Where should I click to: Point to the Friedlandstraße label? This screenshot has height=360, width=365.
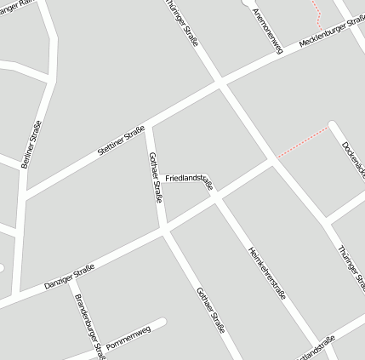click(188, 179)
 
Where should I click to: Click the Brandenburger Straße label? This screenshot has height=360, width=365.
click(89, 325)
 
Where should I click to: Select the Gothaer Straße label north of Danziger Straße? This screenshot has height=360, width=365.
click(155, 176)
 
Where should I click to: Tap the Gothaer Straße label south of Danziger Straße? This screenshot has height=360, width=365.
click(210, 310)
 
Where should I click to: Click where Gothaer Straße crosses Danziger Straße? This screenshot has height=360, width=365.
click(164, 228)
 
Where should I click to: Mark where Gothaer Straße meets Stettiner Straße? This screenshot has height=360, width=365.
click(148, 126)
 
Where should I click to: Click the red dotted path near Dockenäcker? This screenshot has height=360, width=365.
click(302, 142)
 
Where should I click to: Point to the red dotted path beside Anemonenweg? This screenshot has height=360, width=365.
click(317, 13)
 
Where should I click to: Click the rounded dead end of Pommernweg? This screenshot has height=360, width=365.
click(162, 323)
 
